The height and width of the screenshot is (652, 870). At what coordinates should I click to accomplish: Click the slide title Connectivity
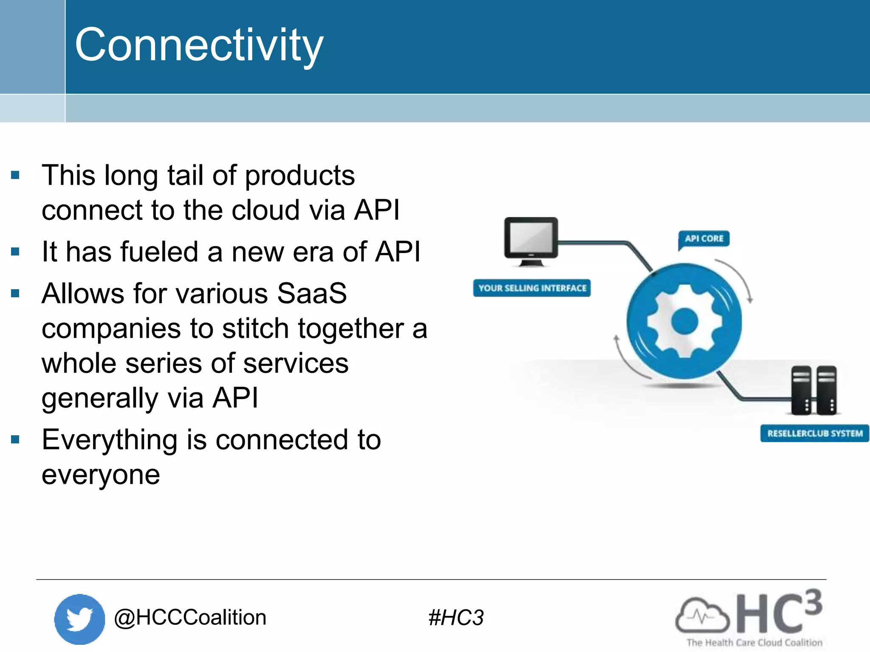(199, 45)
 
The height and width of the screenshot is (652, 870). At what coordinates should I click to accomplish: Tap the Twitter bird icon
(79, 618)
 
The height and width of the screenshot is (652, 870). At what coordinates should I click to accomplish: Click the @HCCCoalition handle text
(190, 617)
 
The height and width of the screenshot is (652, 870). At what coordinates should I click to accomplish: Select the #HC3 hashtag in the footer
(456, 618)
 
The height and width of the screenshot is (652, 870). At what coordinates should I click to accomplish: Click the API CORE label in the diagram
(704, 239)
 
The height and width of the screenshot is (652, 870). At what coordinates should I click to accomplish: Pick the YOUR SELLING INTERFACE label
(532, 288)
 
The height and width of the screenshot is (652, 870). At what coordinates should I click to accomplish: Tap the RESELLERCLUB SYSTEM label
(814, 433)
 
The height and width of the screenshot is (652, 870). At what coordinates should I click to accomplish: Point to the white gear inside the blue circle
(684, 321)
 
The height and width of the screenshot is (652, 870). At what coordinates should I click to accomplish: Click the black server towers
(814, 390)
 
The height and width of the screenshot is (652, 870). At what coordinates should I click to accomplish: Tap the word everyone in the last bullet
(101, 475)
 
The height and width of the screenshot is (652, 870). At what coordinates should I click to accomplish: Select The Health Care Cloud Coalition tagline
(754, 643)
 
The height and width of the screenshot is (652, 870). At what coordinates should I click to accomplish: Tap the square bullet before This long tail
(16, 175)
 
